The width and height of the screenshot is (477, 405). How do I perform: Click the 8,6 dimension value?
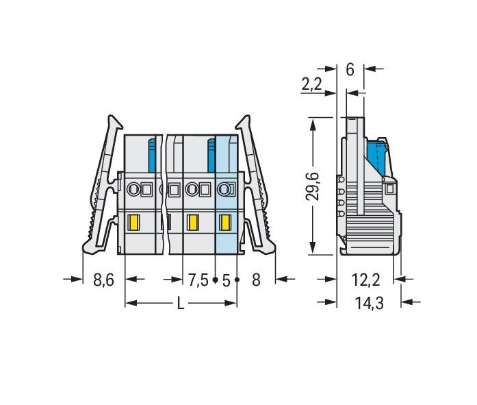coord(103,280)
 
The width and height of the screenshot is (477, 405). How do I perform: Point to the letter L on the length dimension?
coord(181,304)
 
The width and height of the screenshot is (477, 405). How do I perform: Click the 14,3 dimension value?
coord(370,302)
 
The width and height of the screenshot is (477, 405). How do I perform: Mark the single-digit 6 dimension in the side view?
coord(350,69)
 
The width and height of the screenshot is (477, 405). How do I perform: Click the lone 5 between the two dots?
coord(226,280)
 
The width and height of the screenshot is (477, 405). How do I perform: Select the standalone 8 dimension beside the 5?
coord(256,280)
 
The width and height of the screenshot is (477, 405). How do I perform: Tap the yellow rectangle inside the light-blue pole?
coord(224,222)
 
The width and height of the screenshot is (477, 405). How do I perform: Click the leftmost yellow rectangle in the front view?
coord(134,222)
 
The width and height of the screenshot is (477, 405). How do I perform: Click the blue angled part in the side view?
coord(377,158)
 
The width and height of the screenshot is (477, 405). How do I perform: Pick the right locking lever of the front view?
coord(259,185)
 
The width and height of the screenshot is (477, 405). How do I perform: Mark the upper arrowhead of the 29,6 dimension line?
coord(313,123)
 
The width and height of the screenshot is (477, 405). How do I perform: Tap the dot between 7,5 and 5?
coord(215,280)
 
